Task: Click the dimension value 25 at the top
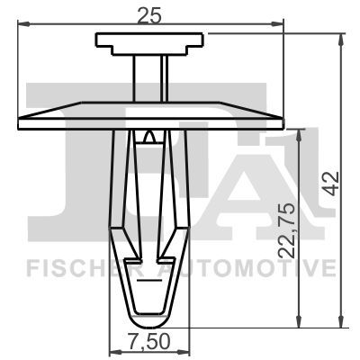click(149, 15)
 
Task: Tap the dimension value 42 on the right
click(333, 184)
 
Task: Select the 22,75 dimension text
click(286, 230)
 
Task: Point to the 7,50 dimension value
click(149, 341)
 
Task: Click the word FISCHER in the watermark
click(89, 268)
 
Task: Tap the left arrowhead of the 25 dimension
click(24, 23)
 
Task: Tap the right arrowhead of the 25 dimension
click(277, 23)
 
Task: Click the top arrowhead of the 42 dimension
click(340, 40)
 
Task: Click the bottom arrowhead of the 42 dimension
click(340, 321)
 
